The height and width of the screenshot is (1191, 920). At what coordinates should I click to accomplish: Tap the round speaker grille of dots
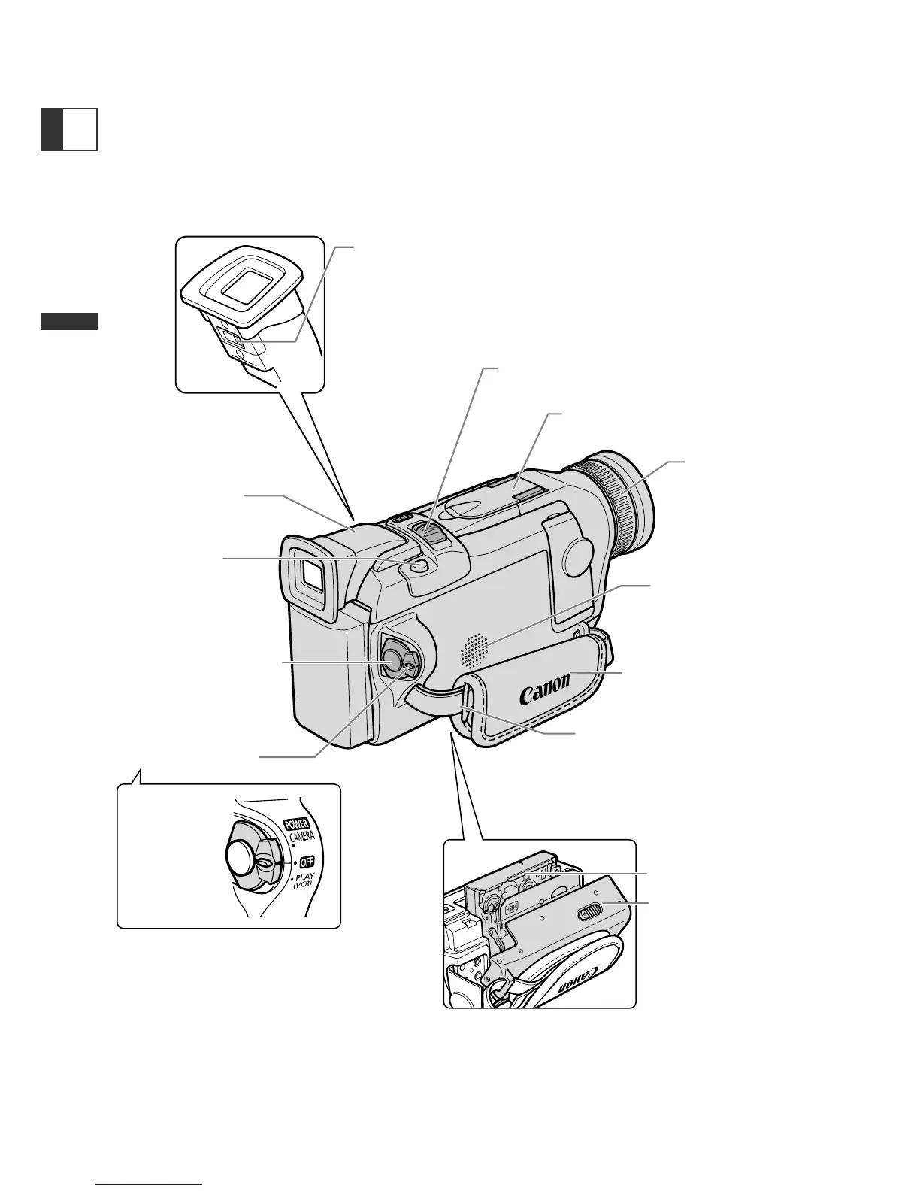pyautogui.click(x=474, y=650)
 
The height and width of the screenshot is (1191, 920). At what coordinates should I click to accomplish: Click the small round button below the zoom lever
pyautogui.click(x=419, y=565)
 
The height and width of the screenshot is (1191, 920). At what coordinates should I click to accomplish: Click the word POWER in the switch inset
pyautogui.click(x=296, y=824)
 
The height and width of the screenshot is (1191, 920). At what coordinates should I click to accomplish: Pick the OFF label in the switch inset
pyautogui.click(x=306, y=862)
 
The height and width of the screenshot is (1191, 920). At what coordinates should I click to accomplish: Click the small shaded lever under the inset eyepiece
pyautogui.click(x=234, y=340)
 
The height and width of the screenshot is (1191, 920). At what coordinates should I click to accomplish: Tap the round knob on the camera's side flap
pyautogui.click(x=577, y=554)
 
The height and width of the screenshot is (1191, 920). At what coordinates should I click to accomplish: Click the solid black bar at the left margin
pyautogui.click(x=69, y=321)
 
